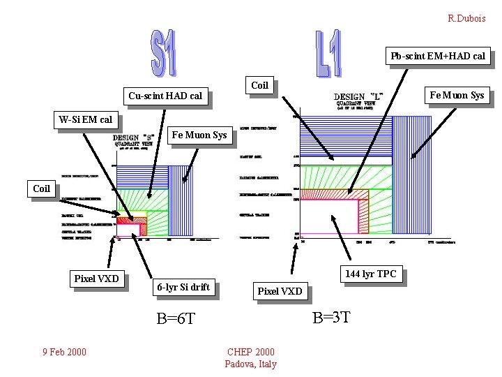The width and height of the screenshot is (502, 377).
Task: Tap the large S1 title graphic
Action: pos(163,53)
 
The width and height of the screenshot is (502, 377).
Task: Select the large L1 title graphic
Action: pos(327,53)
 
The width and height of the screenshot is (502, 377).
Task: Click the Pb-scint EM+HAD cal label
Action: pos(438,56)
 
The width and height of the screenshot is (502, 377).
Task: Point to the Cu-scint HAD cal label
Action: pos(165,96)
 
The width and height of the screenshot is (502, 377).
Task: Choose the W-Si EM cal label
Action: pos(85,119)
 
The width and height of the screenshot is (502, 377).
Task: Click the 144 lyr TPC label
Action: pos(370,274)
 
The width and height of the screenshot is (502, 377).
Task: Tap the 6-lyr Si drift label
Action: pos(182,287)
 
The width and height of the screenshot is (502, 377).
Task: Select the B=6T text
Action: pos(176,318)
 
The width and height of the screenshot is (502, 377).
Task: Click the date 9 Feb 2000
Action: pos(63,351)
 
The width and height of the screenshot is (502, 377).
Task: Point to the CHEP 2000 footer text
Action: pos(251,352)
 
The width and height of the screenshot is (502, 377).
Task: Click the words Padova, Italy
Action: pos(251,364)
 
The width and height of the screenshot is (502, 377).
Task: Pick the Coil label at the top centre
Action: pos(259,85)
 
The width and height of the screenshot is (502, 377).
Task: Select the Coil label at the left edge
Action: pos(42,188)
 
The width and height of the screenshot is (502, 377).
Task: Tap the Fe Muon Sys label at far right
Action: pos(457,95)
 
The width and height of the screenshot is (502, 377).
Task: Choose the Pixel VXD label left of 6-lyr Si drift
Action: pos(97,279)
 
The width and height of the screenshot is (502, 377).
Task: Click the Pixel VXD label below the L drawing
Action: pos(280,291)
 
